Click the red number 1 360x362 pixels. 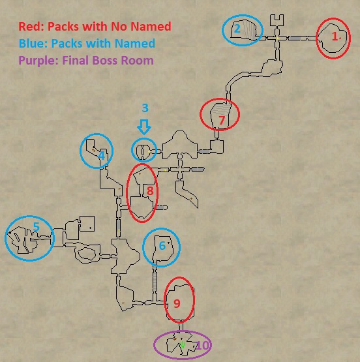[335, 37]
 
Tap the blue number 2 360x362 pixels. [237, 29]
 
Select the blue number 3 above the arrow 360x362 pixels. [145, 108]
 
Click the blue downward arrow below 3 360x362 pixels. [144, 127]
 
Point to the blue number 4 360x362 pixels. [102, 155]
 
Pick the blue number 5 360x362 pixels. [37, 226]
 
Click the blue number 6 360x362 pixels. [162, 246]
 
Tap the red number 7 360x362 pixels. [222, 120]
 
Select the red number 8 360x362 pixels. [150, 190]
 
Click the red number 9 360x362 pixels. [177, 303]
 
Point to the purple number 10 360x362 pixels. [202, 346]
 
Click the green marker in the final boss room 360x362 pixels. [183, 344]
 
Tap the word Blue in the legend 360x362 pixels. [33, 43]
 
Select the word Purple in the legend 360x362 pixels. [38, 61]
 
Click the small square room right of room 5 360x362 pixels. [87, 223]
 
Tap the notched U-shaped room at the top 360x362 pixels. [277, 20]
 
